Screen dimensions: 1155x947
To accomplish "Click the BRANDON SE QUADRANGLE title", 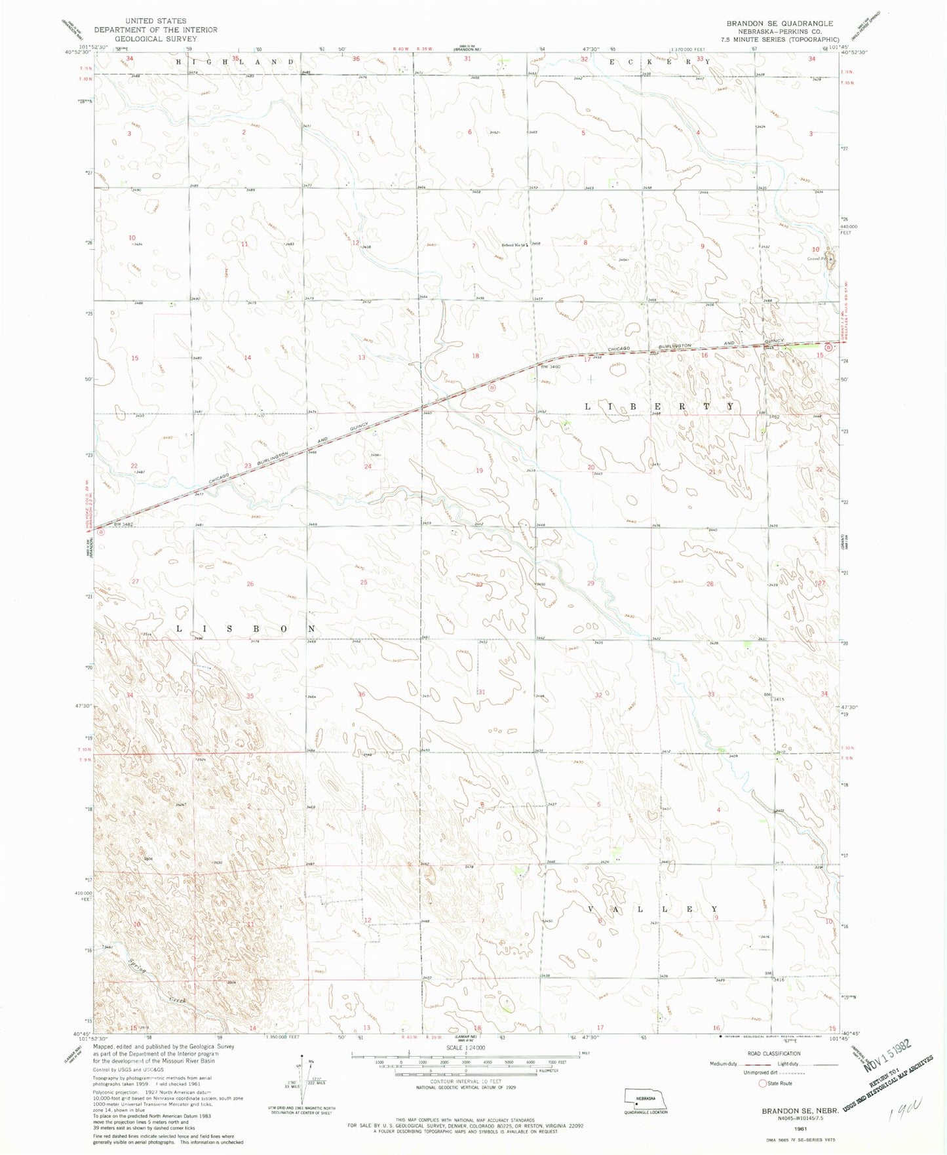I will pos(779,23).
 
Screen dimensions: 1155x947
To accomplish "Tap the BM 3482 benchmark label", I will pos(123,524).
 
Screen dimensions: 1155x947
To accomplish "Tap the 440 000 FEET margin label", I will pos(850,229).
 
